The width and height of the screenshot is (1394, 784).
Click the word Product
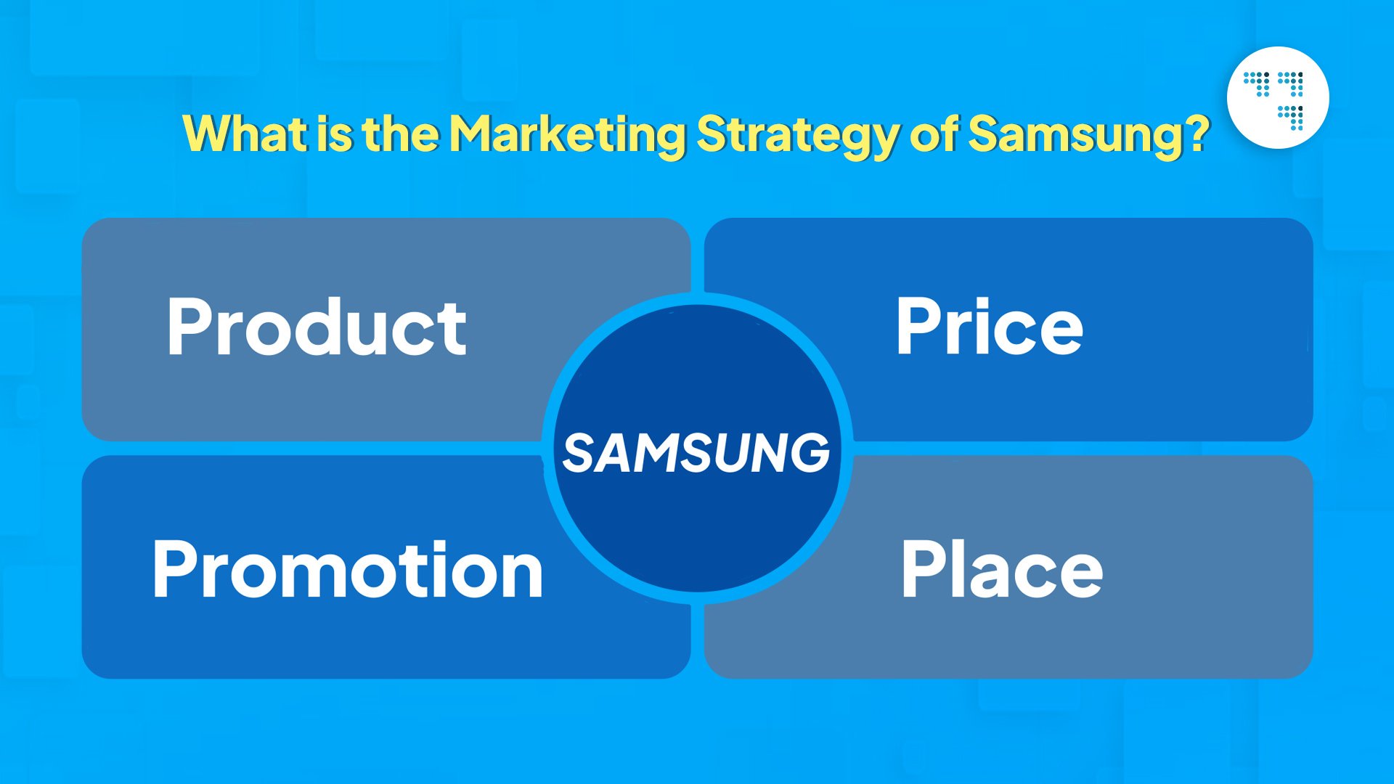click(317, 327)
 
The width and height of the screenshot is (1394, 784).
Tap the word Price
click(989, 327)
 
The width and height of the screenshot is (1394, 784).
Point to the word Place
click(1001, 570)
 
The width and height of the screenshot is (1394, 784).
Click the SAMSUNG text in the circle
click(696, 452)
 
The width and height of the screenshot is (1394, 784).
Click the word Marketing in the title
click(567, 134)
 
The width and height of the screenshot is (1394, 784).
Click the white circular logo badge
click(1278, 98)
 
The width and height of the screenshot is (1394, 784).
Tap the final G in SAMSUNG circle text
click(810, 452)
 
